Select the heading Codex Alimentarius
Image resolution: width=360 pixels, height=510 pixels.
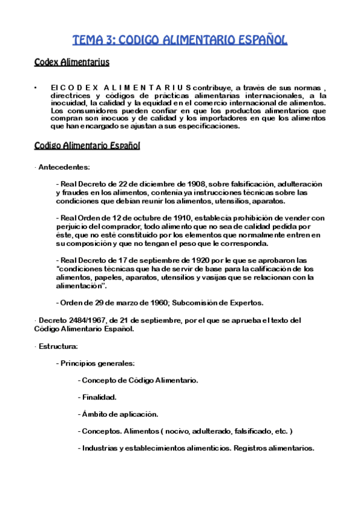(72, 62)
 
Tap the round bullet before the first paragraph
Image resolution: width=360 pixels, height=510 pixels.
(37, 88)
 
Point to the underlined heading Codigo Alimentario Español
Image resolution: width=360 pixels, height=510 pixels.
(87, 146)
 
